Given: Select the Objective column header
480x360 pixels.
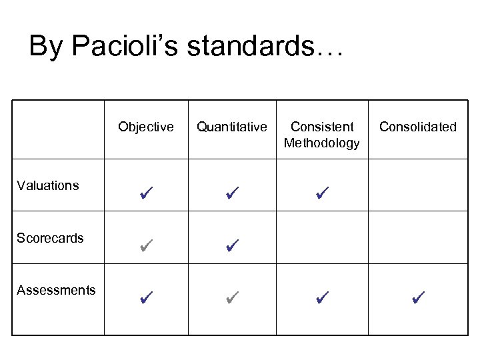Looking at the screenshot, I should click(146, 127).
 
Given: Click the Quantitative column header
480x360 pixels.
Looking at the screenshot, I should click(232, 127).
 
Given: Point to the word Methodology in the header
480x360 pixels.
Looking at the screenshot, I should click(321, 143).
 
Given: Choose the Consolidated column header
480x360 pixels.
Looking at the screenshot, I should click(417, 127).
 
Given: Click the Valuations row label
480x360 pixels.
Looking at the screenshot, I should click(48, 185).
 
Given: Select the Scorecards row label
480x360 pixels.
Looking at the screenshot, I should click(51, 237).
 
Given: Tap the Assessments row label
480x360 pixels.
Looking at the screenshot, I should click(56, 290).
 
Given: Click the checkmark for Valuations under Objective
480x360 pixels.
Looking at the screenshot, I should click(147, 195).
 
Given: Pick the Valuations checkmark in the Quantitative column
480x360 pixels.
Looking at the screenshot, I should click(232, 195).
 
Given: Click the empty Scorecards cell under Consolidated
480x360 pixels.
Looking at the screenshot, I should click(417, 237).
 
